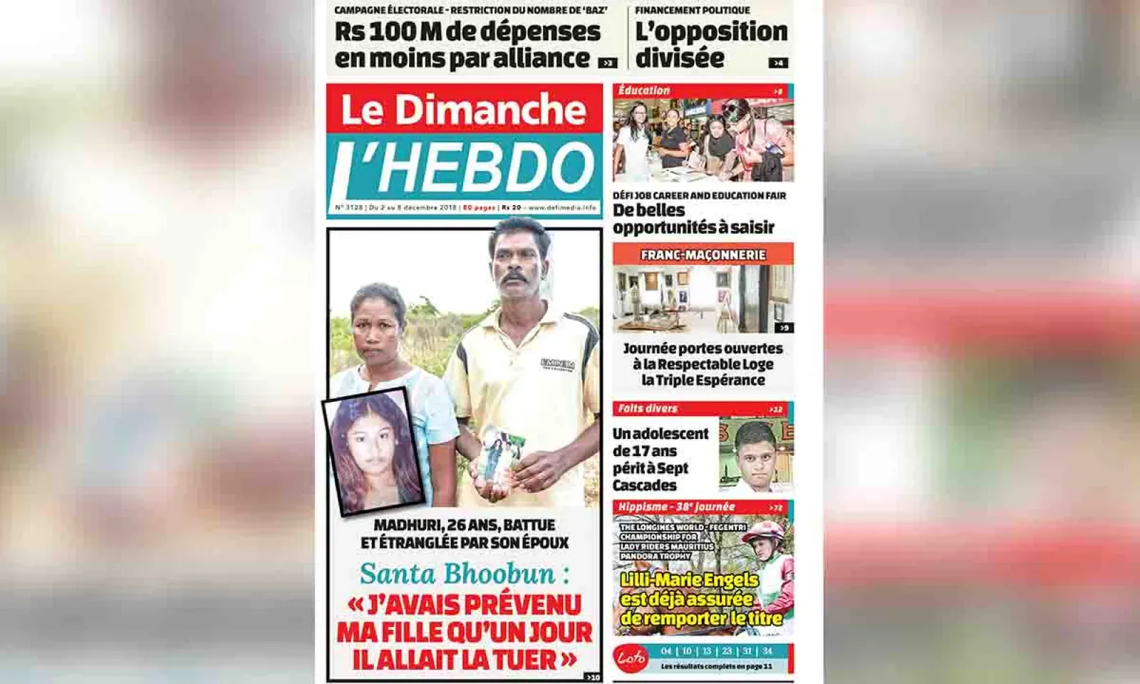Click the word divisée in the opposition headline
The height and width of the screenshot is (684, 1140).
pyautogui.click(x=680, y=58)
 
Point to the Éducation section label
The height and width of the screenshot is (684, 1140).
pyautogui.click(x=644, y=91)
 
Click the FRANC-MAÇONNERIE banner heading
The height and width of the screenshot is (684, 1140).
pyautogui.click(x=703, y=255)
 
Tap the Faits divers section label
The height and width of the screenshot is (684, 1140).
pyautogui.click(x=648, y=409)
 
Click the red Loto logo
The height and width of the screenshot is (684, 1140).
pyautogui.click(x=631, y=657)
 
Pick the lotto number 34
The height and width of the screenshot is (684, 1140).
pyautogui.click(x=767, y=651)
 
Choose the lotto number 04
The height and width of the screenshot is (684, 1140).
pyautogui.click(x=666, y=651)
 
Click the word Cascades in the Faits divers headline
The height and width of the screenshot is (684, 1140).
pyautogui.click(x=645, y=485)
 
